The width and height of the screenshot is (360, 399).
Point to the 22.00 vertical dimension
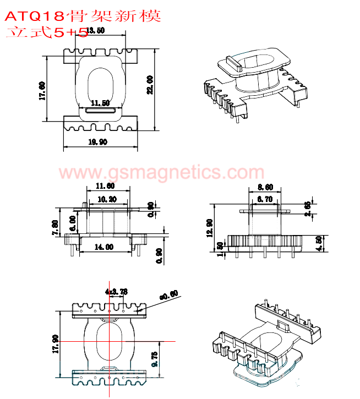[150, 86]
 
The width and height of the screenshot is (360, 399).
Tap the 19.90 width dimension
[97, 142]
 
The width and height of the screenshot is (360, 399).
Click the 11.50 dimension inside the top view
[100, 103]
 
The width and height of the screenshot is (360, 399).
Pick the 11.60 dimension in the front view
[105, 185]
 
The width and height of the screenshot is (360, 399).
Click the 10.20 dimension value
[106, 199]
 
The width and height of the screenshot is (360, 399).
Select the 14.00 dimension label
[104, 247]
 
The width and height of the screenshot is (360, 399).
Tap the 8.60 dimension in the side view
[265, 187]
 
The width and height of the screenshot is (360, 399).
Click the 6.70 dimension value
[265, 200]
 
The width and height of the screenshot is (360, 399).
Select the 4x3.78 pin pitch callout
[116, 291]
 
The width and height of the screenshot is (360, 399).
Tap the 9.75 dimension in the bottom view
[155, 359]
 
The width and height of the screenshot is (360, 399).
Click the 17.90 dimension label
[56, 345]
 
